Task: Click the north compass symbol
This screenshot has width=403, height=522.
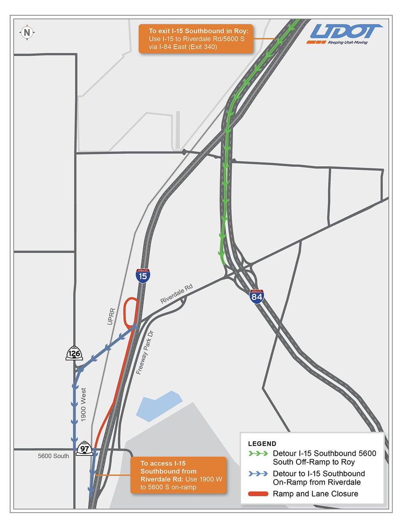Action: pos(27,32)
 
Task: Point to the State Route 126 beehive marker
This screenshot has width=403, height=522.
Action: pos(74,353)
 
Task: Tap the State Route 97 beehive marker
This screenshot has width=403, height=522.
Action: pos(84,448)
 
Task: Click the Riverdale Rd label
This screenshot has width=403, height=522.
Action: pos(176,294)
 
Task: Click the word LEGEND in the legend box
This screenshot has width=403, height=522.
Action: pos(262,444)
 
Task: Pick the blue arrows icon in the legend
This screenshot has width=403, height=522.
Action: pos(257,474)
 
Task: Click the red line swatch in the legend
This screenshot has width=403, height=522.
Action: pos(257,494)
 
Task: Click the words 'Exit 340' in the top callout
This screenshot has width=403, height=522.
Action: pos(201,47)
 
